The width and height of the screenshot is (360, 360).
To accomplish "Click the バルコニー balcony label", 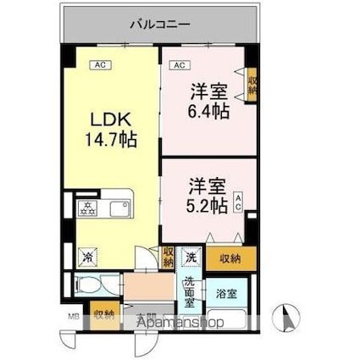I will tap(159, 24).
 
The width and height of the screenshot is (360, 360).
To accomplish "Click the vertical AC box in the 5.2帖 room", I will tap(238, 202).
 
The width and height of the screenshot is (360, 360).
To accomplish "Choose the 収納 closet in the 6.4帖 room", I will tap(252, 84).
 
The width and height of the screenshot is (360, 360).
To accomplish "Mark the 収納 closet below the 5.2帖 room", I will tap(229, 258).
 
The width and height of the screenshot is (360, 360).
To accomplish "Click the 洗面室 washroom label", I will tap(191, 293).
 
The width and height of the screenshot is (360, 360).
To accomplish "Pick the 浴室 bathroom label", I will tap(226, 294).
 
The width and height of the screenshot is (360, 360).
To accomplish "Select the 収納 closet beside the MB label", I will tap(105, 316).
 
